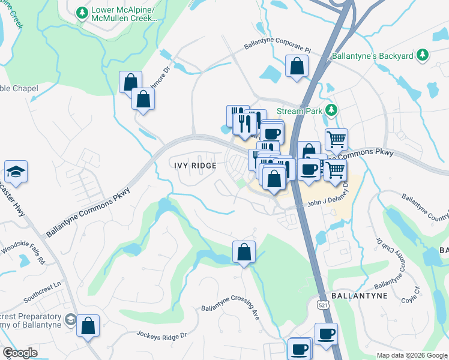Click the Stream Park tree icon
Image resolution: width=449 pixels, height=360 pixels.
point(330,110)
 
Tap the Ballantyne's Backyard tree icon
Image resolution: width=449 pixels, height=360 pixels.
point(422,55)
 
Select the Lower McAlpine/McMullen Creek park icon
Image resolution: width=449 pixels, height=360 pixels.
point(82,11)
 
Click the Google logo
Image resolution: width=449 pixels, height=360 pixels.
point(20,353)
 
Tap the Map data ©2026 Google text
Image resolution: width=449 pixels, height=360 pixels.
point(411,355)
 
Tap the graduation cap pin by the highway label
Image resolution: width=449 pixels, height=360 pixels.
point(16,172)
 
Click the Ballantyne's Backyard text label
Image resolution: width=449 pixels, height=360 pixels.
point(372,56)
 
